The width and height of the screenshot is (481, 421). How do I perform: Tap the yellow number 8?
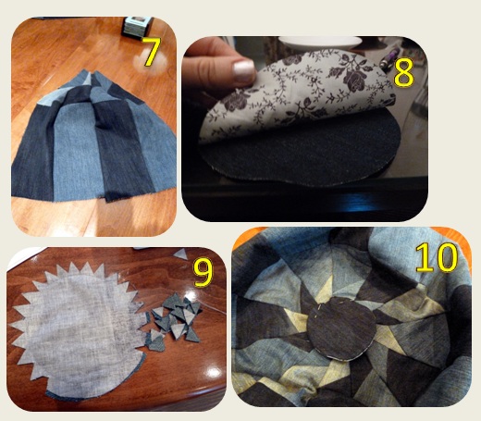coord(402,73)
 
